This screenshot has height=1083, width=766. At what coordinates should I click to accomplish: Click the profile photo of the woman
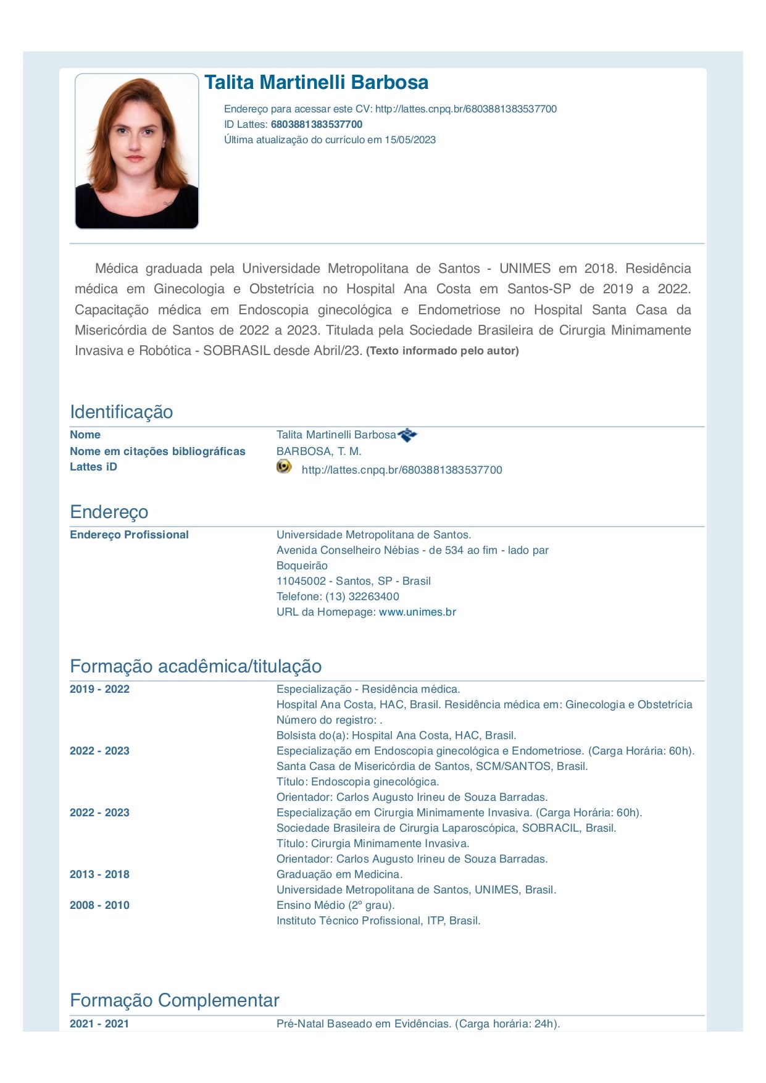(136, 151)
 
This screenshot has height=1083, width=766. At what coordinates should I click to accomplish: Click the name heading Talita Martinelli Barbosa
(316, 83)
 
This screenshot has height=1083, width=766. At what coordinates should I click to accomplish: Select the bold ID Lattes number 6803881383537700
(317, 124)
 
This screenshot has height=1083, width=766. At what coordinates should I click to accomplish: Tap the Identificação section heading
(121, 412)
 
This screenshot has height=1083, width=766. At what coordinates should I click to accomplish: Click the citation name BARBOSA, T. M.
(318, 451)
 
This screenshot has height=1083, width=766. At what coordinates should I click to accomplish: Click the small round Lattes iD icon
(284, 467)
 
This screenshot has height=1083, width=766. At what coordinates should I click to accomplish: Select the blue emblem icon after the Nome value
(407, 435)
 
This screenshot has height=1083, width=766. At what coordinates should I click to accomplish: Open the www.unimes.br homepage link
(417, 612)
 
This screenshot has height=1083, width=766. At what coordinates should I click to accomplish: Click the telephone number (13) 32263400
(362, 596)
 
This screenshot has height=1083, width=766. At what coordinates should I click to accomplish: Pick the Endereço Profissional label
(129, 535)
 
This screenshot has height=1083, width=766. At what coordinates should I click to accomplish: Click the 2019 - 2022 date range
(99, 689)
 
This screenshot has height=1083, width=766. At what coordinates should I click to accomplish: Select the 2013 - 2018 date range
(99, 874)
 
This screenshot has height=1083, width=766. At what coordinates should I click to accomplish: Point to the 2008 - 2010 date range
(99, 905)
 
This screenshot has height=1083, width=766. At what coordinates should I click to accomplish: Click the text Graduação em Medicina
(339, 874)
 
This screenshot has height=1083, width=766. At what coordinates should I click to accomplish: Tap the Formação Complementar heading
(174, 1000)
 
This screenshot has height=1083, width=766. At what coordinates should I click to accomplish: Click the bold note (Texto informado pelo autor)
(442, 351)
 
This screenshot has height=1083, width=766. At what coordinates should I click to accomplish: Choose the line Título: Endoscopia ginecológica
(357, 782)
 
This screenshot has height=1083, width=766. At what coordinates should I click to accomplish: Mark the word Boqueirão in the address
(302, 566)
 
